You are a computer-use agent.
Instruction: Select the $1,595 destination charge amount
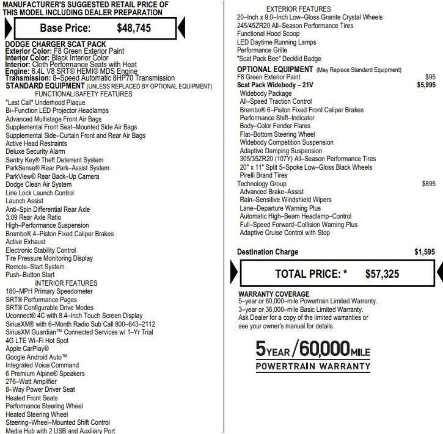(424, 252)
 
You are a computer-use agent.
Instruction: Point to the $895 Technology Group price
(428, 184)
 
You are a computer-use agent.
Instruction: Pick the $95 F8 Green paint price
(430, 78)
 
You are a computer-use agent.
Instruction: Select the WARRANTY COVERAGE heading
(274, 294)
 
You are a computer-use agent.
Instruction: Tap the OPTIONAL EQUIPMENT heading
(275, 70)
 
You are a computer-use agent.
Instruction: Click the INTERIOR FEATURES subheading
(66, 283)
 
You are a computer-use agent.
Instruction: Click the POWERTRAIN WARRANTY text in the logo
(313, 367)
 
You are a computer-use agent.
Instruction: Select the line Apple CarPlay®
(27, 349)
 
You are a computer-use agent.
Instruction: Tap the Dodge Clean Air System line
(38, 184)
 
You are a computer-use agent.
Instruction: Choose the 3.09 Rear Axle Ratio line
(33, 217)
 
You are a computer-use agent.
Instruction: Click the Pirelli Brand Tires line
(263, 176)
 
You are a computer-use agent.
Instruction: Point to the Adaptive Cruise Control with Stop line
(285, 233)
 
